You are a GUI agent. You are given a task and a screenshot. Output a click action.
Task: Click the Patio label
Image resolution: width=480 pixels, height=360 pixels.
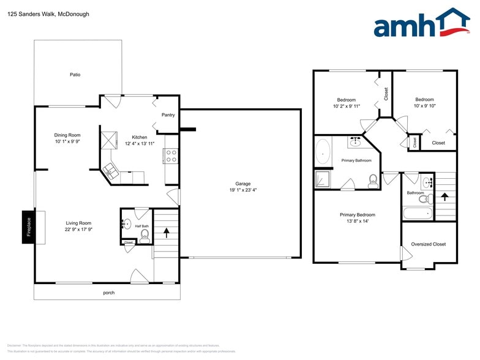click(x=75, y=75)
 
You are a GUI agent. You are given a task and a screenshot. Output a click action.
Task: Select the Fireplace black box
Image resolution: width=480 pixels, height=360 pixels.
click(x=28, y=228)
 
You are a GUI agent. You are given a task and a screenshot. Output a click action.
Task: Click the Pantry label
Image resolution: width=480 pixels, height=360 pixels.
click(x=168, y=115)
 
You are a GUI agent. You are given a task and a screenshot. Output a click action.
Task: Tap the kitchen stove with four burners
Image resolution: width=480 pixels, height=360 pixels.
click(x=171, y=156)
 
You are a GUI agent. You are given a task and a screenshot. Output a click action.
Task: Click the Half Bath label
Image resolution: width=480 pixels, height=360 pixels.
click(x=141, y=226)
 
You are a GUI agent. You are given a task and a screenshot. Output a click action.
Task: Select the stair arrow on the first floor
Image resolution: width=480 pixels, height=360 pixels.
click(x=166, y=233)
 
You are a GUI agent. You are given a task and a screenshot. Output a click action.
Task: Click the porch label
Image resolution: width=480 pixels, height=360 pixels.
click(x=108, y=293)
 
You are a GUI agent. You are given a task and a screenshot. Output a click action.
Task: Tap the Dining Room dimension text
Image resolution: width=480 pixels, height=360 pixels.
click(x=67, y=141)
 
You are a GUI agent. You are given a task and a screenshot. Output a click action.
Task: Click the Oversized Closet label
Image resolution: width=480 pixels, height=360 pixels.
click(x=429, y=244)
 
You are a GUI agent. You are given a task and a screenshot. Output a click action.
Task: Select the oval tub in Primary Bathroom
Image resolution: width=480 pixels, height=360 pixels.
click(x=323, y=151)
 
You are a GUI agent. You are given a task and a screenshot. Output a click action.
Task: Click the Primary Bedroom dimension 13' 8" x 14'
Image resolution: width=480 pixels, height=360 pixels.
click(x=358, y=221)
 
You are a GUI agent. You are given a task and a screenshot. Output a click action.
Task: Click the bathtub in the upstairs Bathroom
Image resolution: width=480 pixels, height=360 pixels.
click(x=418, y=213)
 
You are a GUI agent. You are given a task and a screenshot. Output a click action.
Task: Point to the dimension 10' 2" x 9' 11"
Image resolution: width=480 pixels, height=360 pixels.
click(x=347, y=106)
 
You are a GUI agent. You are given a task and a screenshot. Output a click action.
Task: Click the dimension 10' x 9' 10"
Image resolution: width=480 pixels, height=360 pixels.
click(x=424, y=105)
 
